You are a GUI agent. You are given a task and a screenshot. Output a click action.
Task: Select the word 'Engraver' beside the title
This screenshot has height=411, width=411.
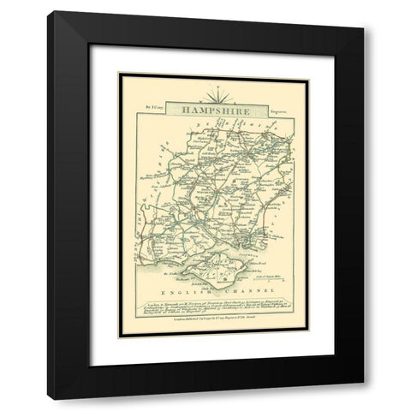coord(257,108)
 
